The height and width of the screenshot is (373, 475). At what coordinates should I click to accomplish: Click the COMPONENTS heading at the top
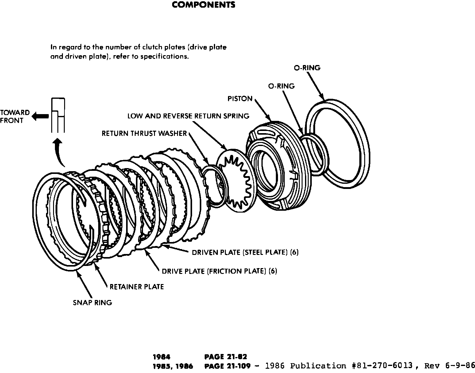[203, 5]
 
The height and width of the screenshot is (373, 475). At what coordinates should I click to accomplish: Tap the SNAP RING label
[92, 303]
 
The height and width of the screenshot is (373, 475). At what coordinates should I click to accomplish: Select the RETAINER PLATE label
[137, 287]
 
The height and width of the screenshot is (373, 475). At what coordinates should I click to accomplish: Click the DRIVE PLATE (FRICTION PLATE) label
[219, 271]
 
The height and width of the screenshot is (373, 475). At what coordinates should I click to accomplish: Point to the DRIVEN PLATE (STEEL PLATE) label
[245, 252]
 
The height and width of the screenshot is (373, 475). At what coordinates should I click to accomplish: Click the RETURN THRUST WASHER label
[144, 133]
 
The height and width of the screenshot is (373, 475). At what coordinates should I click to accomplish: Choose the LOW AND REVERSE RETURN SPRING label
[188, 116]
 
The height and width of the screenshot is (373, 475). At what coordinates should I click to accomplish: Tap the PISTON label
[240, 99]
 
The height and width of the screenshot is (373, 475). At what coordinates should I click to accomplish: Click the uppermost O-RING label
[307, 68]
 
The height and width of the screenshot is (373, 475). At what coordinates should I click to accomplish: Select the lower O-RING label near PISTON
[281, 86]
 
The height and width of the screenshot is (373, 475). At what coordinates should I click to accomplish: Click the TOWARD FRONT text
[15, 117]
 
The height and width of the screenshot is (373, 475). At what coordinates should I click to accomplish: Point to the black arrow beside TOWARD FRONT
[41, 116]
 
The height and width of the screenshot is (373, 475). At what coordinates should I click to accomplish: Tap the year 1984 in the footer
[161, 357]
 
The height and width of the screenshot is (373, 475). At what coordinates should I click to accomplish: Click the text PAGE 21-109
[227, 366]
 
